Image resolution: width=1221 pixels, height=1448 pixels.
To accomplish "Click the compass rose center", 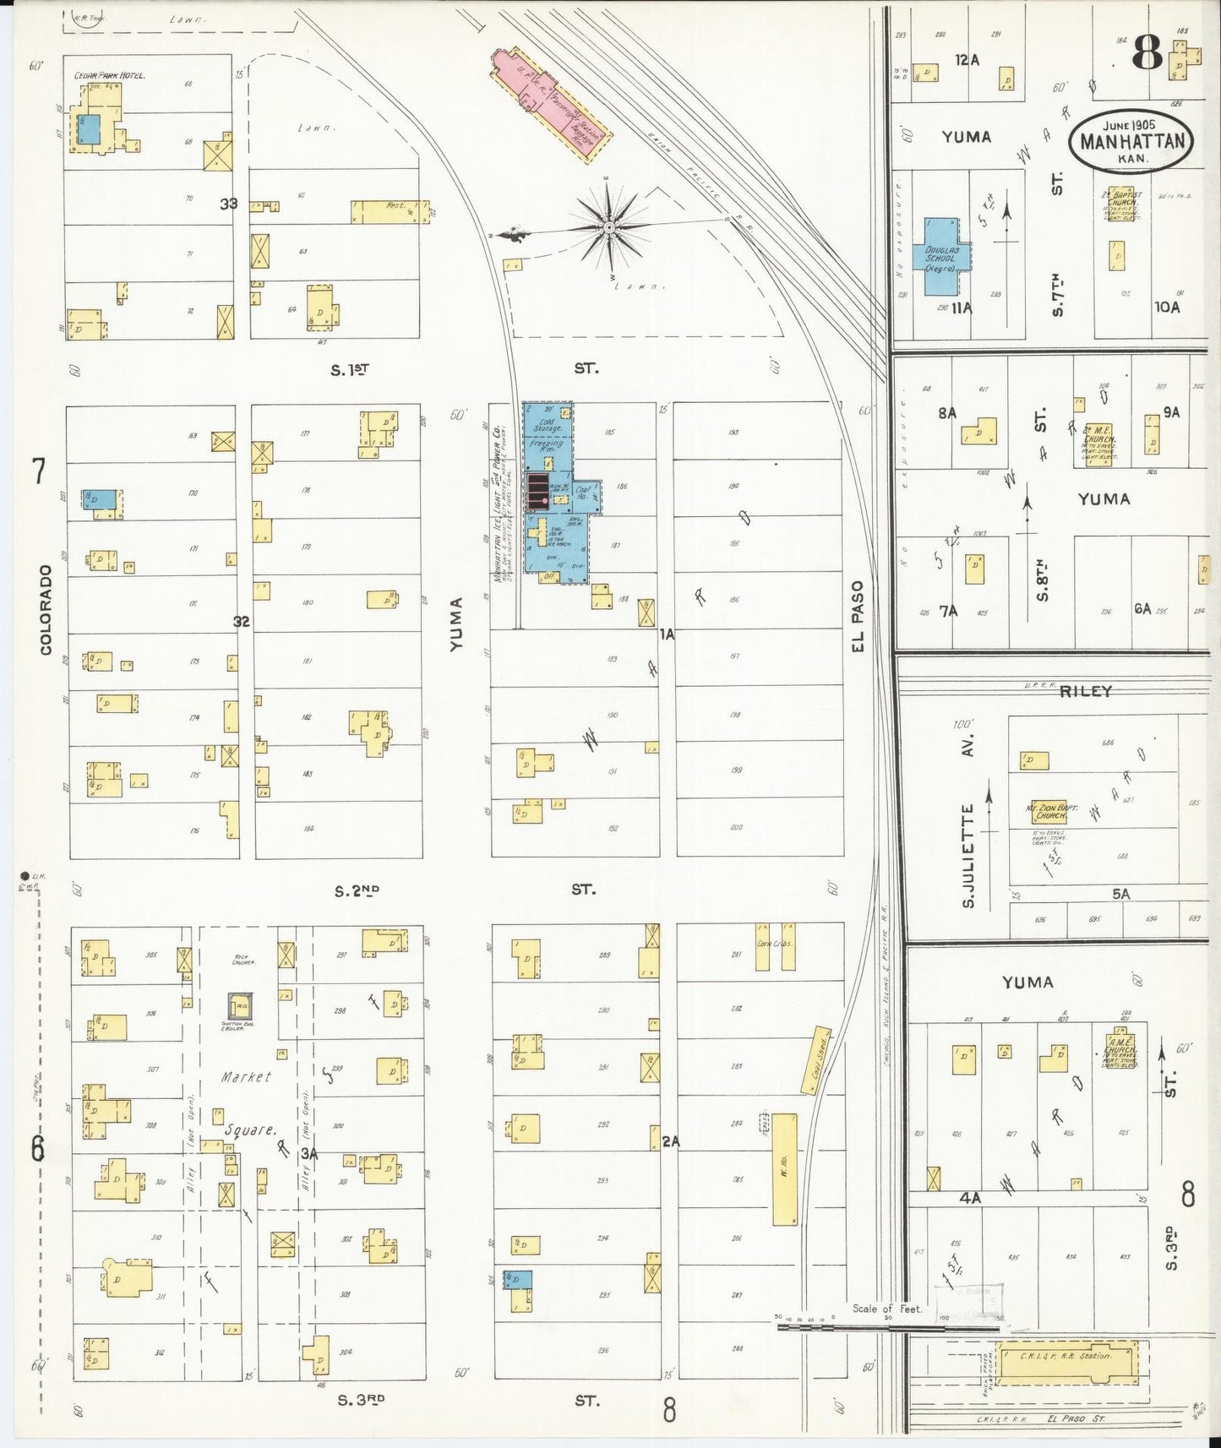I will click(608, 228).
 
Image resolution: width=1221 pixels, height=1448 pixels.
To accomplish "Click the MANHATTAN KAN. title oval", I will click(1131, 140).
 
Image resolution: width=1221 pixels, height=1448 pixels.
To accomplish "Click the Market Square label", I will click(248, 1102).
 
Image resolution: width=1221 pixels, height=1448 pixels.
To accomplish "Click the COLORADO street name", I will click(46, 608).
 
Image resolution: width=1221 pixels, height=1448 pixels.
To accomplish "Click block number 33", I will click(228, 204).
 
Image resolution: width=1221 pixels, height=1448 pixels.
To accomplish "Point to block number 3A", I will click(309, 1153).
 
